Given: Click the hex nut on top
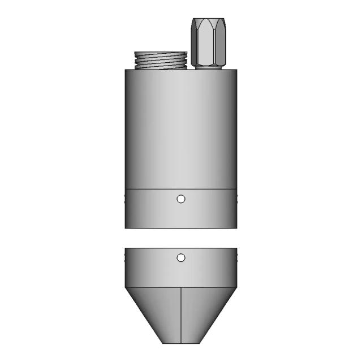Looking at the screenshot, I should click(209, 42).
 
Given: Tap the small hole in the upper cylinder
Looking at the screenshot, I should click(181, 199).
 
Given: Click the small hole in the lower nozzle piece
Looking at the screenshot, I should click(181, 258).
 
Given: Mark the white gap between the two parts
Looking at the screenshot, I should click(181, 238).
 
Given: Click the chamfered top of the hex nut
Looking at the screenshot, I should click(209, 23).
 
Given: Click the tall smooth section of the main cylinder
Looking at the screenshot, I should click(181, 127).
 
